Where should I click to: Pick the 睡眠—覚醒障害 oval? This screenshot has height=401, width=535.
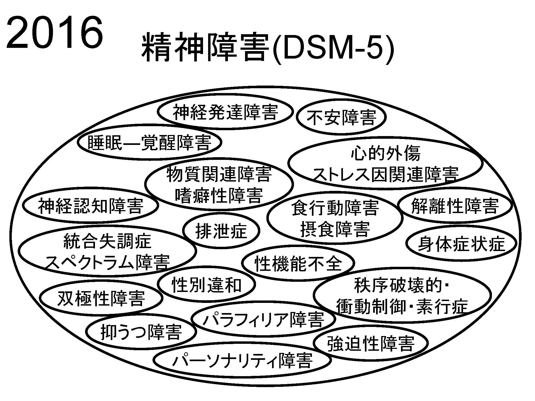[149, 142]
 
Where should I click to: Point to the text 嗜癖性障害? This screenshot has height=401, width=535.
[219, 195]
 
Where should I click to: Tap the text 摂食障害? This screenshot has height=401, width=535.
[335, 229]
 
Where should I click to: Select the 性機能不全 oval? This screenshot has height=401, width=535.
[298, 263]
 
